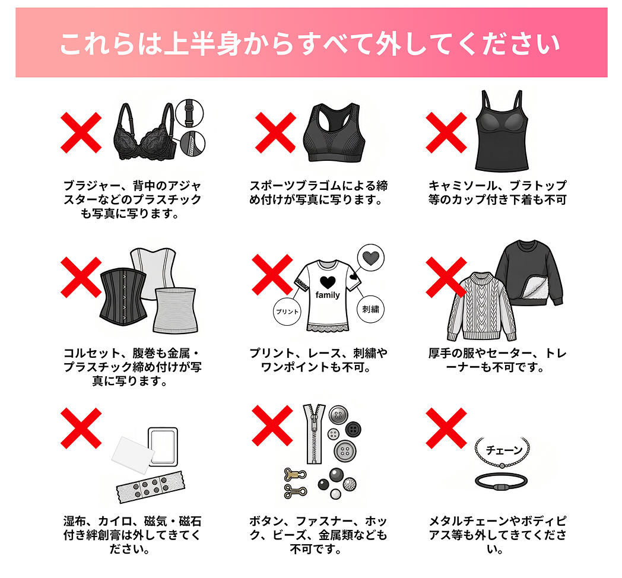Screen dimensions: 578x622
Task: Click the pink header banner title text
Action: pyautogui.click(x=310, y=44)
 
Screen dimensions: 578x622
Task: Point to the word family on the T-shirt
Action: pyautogui.click(x=328, y=295)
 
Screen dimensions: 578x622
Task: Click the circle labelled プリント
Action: pyautogui.click(x=287, y=311)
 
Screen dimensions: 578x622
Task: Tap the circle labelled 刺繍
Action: pyautogui.click(x=371, y=309)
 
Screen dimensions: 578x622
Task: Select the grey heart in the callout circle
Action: pyautogui.click(x=370, y=258)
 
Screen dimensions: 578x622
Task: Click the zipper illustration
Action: pyautogui.click(x=313, y=434)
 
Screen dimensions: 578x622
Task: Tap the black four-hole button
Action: pyautogui.click(x=354, y=429)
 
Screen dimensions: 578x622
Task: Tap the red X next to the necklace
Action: pyautogui.click(x=446, y=428)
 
